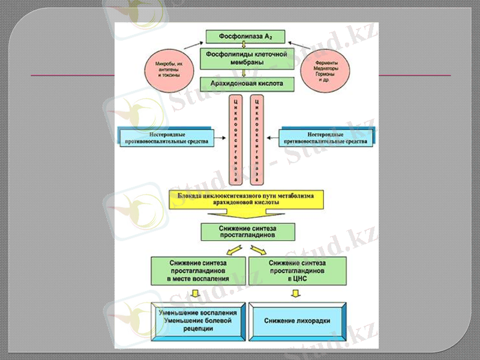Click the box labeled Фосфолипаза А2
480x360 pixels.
pos(247,37)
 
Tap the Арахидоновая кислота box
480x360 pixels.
pos(247,84)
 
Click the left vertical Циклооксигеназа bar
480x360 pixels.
pos(236,139)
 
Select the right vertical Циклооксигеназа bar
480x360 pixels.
pos(257,139)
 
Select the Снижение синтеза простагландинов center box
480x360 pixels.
pos(248,232)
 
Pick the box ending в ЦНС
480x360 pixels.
pos(296,271)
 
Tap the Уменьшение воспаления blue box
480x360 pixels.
pos(197,320)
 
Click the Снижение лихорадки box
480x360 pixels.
pos(297,320)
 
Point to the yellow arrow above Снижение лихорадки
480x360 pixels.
pos(295,293)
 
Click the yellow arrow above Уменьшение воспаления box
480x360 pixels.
pos(193,293)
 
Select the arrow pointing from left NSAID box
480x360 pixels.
pos(219,139)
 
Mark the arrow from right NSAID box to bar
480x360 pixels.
pos(273,139)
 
